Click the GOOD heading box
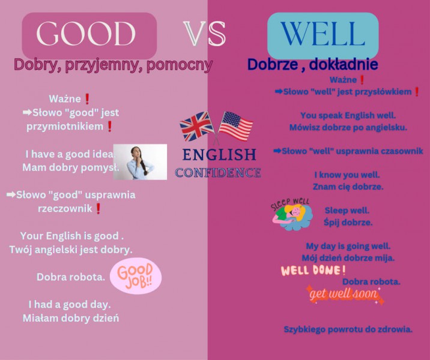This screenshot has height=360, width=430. (x=89, y=35)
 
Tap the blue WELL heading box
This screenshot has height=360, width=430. (x=322, y=35)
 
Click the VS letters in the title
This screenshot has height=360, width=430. (x=204, y=34)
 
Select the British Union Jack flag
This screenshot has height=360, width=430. (x=196, y=126)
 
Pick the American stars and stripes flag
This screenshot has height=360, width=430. (x=236, y=126)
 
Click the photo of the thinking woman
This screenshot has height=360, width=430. (x=140, y=162)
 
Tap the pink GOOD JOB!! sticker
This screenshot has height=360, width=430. (x=136, y=276)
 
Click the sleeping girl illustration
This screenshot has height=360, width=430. (x=291, y=214)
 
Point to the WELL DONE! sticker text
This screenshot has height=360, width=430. (x=313, y=271)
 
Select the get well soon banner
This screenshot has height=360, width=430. (x=345, y=295)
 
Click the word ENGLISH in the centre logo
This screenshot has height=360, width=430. (x=219, y=155)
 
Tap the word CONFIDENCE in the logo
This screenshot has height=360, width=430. (x=218, y=173)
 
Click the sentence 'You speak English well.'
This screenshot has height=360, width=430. (x=348, y=115)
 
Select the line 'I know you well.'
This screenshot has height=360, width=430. (x=347, y=175)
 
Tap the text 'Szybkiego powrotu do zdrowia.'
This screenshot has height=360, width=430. (x=348, y=329)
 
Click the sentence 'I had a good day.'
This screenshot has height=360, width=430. (x=70, y=304)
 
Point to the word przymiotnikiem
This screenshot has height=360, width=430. (x=65, y=127)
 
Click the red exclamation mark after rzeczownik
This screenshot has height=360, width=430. (x=98, y=208)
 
